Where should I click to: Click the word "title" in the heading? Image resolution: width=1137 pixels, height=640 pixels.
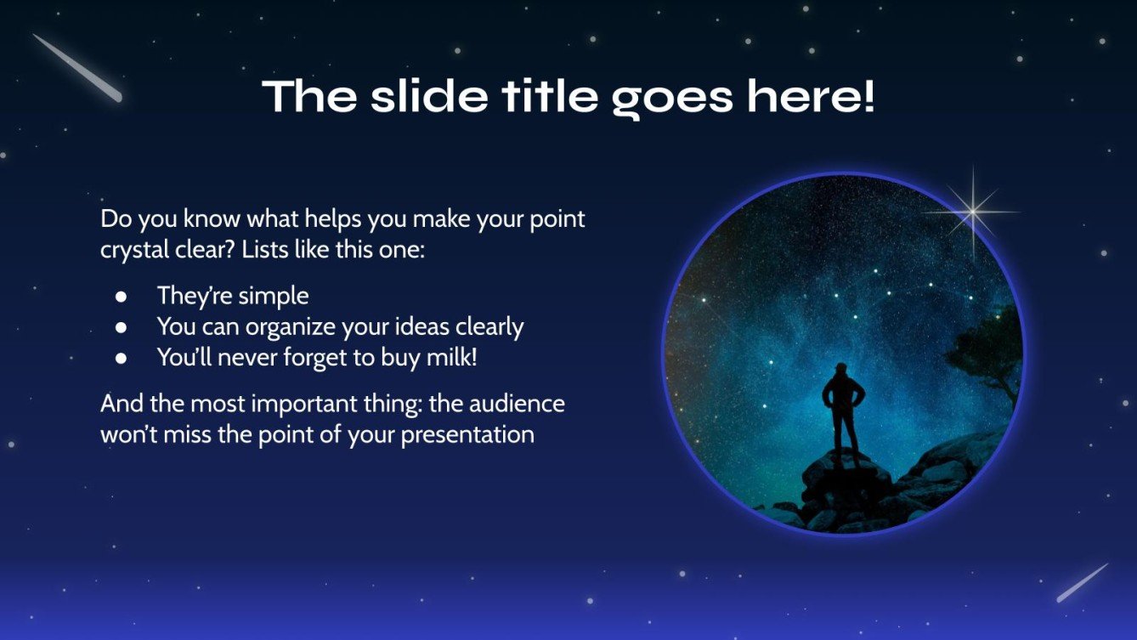[553, 97]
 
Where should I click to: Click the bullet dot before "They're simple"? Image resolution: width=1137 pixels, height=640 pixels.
[122, 297]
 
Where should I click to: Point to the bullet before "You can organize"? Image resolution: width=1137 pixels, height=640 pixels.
[122, 327]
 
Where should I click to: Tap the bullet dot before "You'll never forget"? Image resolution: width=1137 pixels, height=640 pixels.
[122, 358]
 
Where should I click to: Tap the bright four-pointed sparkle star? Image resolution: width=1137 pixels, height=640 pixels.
[971, 212]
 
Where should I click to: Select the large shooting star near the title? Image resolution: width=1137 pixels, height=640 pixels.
[77, 68]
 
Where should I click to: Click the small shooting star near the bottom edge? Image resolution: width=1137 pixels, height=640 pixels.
[1082, 583]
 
